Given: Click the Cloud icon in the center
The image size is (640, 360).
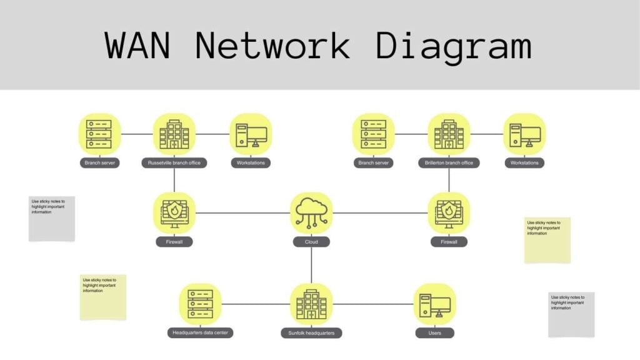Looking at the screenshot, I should coord(311,213).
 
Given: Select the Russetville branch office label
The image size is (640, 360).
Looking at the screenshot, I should coord(174,163).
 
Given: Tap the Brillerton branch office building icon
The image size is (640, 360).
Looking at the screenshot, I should coord(449,134).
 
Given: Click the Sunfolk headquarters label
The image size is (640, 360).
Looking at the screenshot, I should coord(311,333).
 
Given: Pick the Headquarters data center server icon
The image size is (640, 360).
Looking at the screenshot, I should coord(200,304).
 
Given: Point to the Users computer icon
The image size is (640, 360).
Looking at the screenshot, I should coord(435,304).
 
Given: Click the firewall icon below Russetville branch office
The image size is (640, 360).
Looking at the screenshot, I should coord(174,213).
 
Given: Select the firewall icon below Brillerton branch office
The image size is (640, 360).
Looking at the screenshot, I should coord(449,213).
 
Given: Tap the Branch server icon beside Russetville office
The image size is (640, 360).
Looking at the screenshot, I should coord(99,134).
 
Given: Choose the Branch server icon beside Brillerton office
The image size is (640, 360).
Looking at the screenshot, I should coord(374,134).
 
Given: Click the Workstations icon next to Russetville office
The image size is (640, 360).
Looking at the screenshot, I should coord(251,134).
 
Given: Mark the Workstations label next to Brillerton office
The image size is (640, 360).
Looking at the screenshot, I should coord(524,163).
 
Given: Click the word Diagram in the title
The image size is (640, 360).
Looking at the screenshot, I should coord(454,45).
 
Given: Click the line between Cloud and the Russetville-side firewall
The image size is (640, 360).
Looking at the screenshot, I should coord(244,213).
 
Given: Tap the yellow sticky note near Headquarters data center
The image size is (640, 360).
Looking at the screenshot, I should coord(103,297).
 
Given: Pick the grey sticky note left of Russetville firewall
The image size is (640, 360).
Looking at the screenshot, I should coord(52,219).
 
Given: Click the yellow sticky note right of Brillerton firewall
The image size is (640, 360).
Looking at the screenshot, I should coord(547,240).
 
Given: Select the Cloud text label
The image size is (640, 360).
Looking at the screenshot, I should coord(311,242).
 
